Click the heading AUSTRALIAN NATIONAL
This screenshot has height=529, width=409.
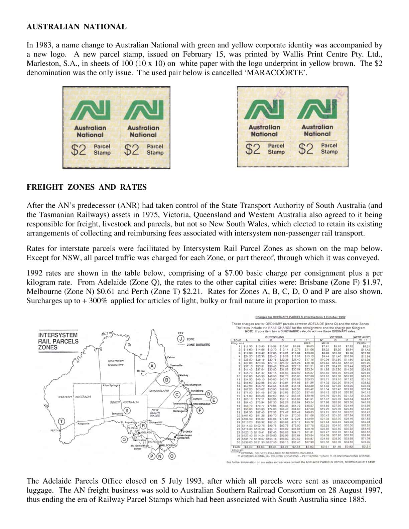pyautogui.click(x=77, y=27)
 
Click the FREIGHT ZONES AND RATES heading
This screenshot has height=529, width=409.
pyautogui.click(x=87, y=187)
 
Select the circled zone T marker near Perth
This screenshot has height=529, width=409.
pyautogui.click(x=61, y=421)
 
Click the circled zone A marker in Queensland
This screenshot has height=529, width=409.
pyautogui.click(x=152, y=365)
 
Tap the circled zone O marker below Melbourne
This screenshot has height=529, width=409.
pyautogui.click(x=172, y=456)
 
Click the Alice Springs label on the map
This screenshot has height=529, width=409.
pyautogui.click(x=111, y=386)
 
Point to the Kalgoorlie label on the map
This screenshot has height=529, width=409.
pyautogui.click(x=83, y=424)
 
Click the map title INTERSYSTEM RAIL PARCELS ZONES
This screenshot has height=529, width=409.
pyautogui.click(x=58, y=341)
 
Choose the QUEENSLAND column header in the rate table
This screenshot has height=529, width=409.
pyautogui.click(x=274, y=337)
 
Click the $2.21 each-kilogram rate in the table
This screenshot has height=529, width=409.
pyautogui.click(x=366, y=446)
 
